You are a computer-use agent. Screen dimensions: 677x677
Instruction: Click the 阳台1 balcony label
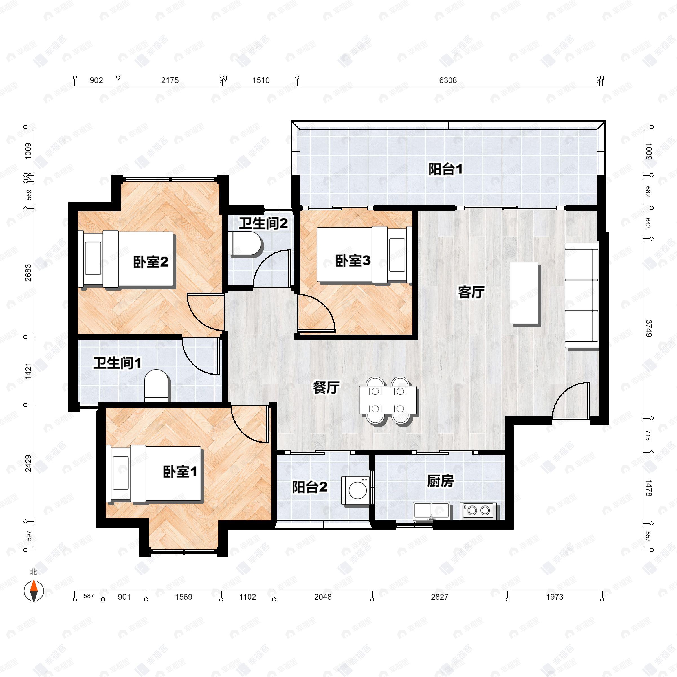click(x=445, y=170)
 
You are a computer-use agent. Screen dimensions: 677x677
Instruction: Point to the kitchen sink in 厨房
click(x=431, y=511)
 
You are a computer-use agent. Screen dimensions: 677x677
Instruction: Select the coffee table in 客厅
click(x=524, y=293)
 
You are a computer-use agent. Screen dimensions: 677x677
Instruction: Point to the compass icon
click(x=34, y=591)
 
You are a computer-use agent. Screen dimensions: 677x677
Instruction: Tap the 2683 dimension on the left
click(x=28, y=272)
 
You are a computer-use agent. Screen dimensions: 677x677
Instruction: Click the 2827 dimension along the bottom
click(x=439, y=597)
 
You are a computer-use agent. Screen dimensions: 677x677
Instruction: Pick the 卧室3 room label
click(x=353, y=261)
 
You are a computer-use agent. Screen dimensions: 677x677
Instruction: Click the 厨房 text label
click(x=440, y=482)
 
